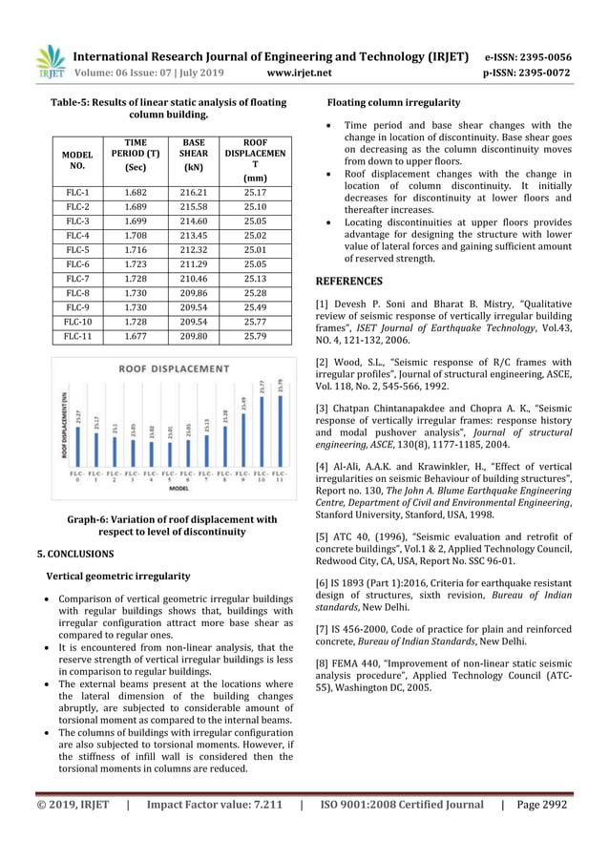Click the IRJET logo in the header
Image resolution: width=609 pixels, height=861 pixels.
coord(51,62)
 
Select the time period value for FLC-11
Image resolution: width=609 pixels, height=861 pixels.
coord(136,335)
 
